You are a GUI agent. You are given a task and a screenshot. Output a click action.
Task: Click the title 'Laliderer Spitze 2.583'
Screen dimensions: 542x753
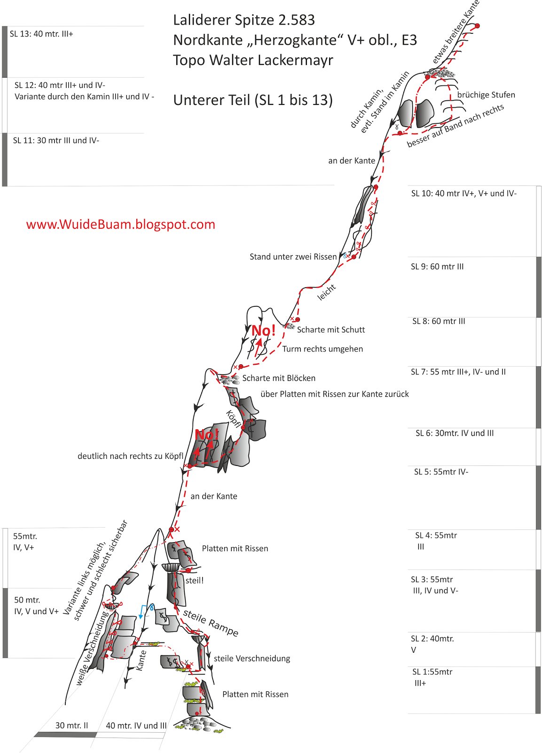(244, 20)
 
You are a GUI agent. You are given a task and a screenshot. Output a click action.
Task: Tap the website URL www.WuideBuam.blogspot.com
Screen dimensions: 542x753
(121, 224)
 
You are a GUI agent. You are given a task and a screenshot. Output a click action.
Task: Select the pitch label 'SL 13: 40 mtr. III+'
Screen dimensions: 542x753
(41, 34)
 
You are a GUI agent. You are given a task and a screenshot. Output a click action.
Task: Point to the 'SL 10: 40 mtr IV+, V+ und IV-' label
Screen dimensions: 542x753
(463, 193)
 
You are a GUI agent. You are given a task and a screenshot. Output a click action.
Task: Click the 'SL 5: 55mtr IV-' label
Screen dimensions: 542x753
(441, 472)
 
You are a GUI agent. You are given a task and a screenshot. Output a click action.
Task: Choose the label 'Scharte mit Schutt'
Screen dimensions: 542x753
(331, 330)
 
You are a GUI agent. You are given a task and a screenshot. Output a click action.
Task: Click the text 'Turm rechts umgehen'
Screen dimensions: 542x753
(322, 349)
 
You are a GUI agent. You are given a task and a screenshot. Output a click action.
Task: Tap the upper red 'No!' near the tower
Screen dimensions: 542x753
(263, 330)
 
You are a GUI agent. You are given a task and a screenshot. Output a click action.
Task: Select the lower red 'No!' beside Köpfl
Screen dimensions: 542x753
(206, 434)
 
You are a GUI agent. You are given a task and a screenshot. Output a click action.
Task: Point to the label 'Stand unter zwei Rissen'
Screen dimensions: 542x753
(293, 257)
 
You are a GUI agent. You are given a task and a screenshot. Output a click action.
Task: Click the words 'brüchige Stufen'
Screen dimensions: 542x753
(486, 95)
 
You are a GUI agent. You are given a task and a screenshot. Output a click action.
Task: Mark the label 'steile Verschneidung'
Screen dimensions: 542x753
(252, 659)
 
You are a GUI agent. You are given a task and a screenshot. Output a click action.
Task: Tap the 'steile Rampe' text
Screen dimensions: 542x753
(211, 623)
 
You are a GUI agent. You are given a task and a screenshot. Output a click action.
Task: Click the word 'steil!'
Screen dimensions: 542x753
(195, 581)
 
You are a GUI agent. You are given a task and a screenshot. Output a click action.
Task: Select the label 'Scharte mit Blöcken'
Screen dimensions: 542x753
(279, 378)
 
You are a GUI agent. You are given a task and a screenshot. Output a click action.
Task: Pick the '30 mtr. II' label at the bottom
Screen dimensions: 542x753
(71, 726)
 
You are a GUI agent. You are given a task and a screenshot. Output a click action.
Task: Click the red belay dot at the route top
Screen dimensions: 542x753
(477, 26)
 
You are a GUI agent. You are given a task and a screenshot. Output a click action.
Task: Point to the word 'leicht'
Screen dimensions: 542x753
(327, 292)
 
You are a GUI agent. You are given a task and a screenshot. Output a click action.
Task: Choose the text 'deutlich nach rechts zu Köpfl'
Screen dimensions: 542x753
(130, 457)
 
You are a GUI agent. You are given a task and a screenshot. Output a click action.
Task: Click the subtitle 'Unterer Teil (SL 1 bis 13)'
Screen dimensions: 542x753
(253, 100)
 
